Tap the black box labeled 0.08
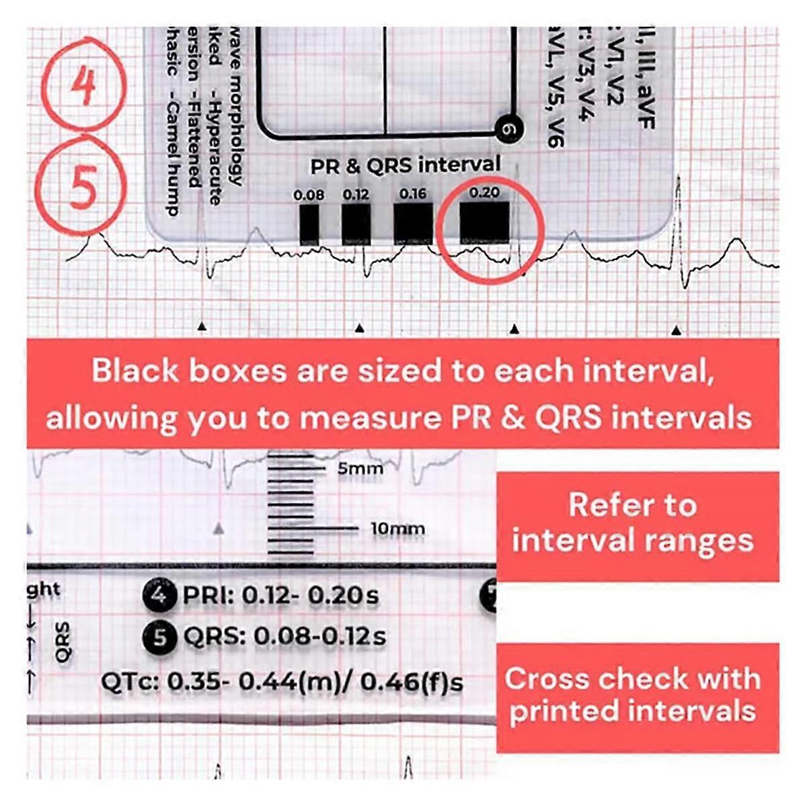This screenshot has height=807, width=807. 309,225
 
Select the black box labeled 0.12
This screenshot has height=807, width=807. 356,225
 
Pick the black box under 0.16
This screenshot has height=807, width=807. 412,223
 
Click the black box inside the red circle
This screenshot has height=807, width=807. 484,222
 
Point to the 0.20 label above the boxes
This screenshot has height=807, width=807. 484,193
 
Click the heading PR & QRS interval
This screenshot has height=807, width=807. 406,165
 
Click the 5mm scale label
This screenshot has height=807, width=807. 360,469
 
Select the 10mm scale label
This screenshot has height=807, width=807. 397,529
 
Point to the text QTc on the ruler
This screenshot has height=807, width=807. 129,682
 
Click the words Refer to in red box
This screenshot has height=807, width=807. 632,505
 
